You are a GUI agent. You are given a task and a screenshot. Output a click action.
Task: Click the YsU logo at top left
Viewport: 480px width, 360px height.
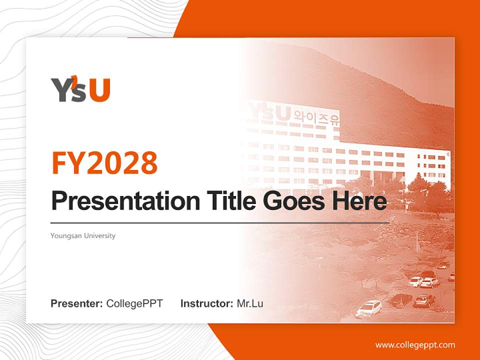tap(80, 90)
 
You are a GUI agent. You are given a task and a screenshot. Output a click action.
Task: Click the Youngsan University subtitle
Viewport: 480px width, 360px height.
tap(83, 235)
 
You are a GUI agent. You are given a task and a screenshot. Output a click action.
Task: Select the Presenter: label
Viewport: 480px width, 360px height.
tap(77, 303)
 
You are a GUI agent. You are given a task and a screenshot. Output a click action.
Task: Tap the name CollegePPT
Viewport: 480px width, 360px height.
tap(134, 303)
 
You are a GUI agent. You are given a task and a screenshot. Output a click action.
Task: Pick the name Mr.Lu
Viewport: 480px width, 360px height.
tap(250, 303)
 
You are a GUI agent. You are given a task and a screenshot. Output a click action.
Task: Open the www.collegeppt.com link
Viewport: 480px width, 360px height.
tap(415, 345)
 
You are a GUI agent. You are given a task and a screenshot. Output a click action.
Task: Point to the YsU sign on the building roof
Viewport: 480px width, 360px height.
tap(270, 112)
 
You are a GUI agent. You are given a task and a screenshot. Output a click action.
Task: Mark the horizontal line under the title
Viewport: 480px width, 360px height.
tap(220, 222)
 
